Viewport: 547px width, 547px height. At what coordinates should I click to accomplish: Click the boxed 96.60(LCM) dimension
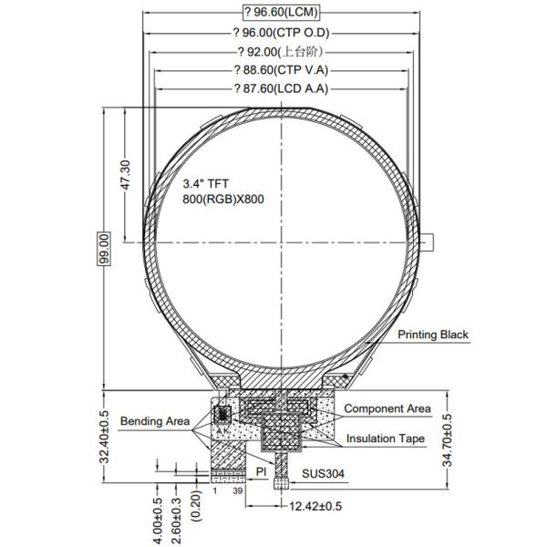281,13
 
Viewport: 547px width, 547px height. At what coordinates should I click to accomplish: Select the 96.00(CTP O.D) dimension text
281,33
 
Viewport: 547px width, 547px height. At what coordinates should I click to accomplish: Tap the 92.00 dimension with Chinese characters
281,52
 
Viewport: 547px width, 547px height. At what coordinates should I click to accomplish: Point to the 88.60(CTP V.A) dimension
281,70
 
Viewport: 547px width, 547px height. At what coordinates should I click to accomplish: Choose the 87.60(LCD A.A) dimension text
281,88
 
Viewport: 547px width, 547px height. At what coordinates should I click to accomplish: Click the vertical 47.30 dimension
125,175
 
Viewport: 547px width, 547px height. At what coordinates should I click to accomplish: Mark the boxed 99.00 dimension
104,249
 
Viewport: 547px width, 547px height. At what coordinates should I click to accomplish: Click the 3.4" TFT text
206,183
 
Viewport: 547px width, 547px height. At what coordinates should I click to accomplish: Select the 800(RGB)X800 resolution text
223,199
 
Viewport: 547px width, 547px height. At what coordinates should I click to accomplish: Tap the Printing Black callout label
433,335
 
